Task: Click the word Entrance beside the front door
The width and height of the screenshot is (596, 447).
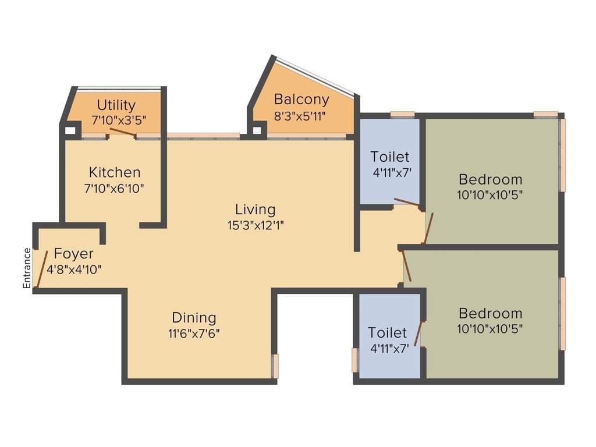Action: point(26,268)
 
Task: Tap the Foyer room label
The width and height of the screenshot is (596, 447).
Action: point(73,254)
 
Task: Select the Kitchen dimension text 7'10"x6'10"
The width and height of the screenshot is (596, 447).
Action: point(114,188)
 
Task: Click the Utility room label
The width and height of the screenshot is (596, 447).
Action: point(116,105)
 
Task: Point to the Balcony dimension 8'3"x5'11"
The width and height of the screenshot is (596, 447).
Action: point(300,115)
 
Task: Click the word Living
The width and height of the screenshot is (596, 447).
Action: point(255,209)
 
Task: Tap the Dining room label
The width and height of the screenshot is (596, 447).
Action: point(194,318)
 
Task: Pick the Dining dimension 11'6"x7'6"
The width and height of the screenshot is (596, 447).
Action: point(194,334)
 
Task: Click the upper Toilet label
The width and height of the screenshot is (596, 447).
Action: point(390,157)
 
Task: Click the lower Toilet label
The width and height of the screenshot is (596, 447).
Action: point(388,333)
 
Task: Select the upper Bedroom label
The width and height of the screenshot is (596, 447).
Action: point(490,179)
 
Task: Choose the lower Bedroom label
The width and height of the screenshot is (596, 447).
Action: point(490,313)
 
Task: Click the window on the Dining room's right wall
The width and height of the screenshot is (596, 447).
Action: point(276,366)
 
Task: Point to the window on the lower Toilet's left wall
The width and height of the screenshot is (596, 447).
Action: point(354,360)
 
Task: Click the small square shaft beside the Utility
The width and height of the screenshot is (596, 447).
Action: point(70,130)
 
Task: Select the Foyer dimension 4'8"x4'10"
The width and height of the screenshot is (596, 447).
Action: point(74,269)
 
